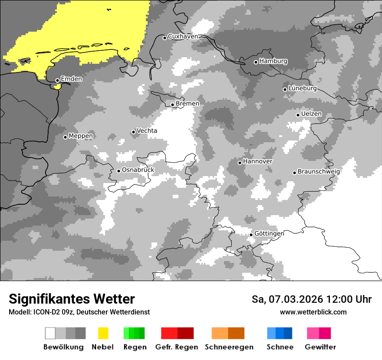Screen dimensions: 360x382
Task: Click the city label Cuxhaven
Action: (183, 36)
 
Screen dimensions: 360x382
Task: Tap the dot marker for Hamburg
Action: (256, 62)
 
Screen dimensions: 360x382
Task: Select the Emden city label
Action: (71, 79)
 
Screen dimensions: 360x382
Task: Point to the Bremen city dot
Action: (172, 105)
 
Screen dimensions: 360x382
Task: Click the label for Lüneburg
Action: (303, 88)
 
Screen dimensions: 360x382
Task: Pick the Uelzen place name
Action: (311, 114)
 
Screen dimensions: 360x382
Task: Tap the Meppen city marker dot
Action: (65, 137)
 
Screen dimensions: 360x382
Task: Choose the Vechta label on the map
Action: (147, 131)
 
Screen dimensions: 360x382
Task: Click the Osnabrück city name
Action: (138, 170)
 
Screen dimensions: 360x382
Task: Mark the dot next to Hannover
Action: (240, 163)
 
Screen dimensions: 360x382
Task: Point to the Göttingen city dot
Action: (251, 235)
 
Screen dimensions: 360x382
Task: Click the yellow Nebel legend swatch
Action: (103, 333)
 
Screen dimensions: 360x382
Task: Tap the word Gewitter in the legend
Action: (320, 347)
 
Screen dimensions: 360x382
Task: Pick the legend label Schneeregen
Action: (229, 347)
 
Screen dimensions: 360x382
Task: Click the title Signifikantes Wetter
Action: (72, 299)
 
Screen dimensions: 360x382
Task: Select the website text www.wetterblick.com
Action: (313, 312)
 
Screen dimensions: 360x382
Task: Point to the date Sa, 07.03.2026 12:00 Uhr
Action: (311, 299)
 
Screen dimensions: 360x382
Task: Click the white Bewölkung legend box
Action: (50, 333)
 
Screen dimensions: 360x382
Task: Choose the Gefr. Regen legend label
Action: (177, 347)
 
